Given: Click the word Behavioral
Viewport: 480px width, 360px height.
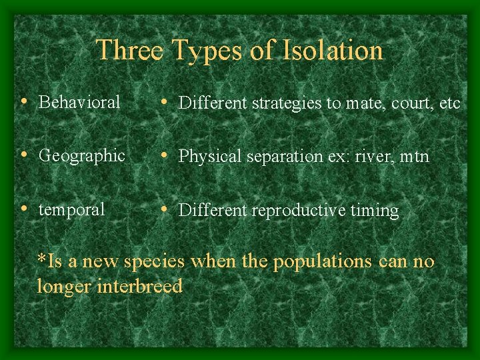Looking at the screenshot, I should pos(79,102).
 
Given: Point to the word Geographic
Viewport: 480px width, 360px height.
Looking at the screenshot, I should pos(82,156).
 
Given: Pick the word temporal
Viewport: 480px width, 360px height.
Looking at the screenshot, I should pos(72,209).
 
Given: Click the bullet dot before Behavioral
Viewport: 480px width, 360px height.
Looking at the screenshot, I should pos(24,102).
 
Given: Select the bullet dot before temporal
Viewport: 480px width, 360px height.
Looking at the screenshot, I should pos(24,209).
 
